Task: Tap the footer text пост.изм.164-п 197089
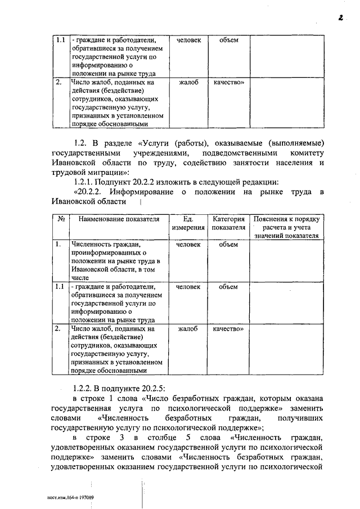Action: point(70,497)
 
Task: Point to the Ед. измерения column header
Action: point(188,223)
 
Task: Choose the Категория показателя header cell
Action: point(228,223)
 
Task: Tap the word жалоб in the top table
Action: point(188,83)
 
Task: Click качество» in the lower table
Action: point(228,328)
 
